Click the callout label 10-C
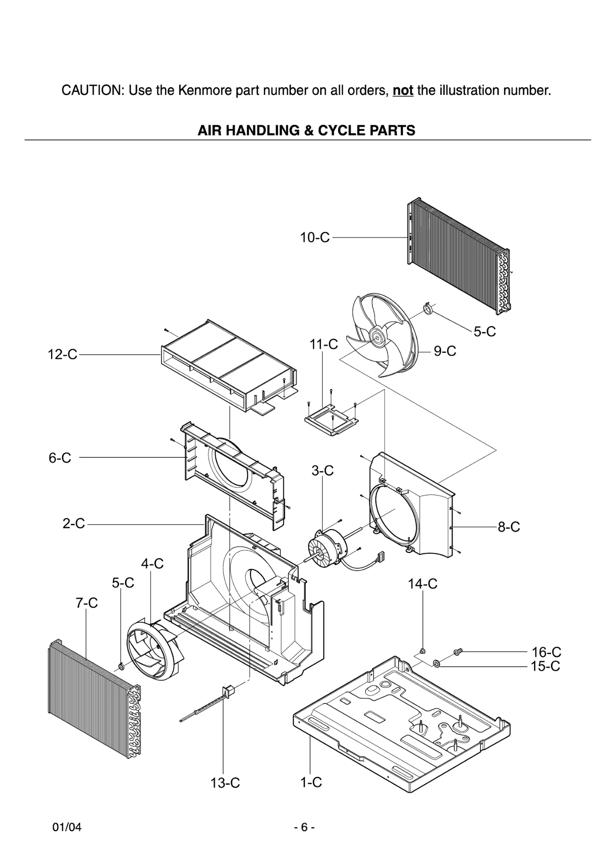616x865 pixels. click(x=315, y=238)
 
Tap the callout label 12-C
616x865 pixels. click(x=62, y=354)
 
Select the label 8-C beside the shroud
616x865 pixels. click(x=508, y=527)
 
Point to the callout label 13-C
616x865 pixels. click(x=225, y=783)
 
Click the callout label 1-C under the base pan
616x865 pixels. click(x=311, y=782)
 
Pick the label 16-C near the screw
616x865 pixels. click(x=546, y=652)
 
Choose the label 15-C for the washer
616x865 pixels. click(x=546, y=666)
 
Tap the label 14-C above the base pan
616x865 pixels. click(x=422, y=584)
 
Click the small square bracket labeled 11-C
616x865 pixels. click(x=332, y=420)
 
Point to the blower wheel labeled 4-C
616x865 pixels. click(x=154, y=650)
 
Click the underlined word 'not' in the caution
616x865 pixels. click(x=403, y=90)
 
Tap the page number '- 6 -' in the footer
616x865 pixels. click(x=304, y=827)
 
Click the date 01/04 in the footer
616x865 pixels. click(x=67, y=827)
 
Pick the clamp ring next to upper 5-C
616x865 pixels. click(x=428, y=309)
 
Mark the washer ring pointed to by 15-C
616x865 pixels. click(x=437, y=665)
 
